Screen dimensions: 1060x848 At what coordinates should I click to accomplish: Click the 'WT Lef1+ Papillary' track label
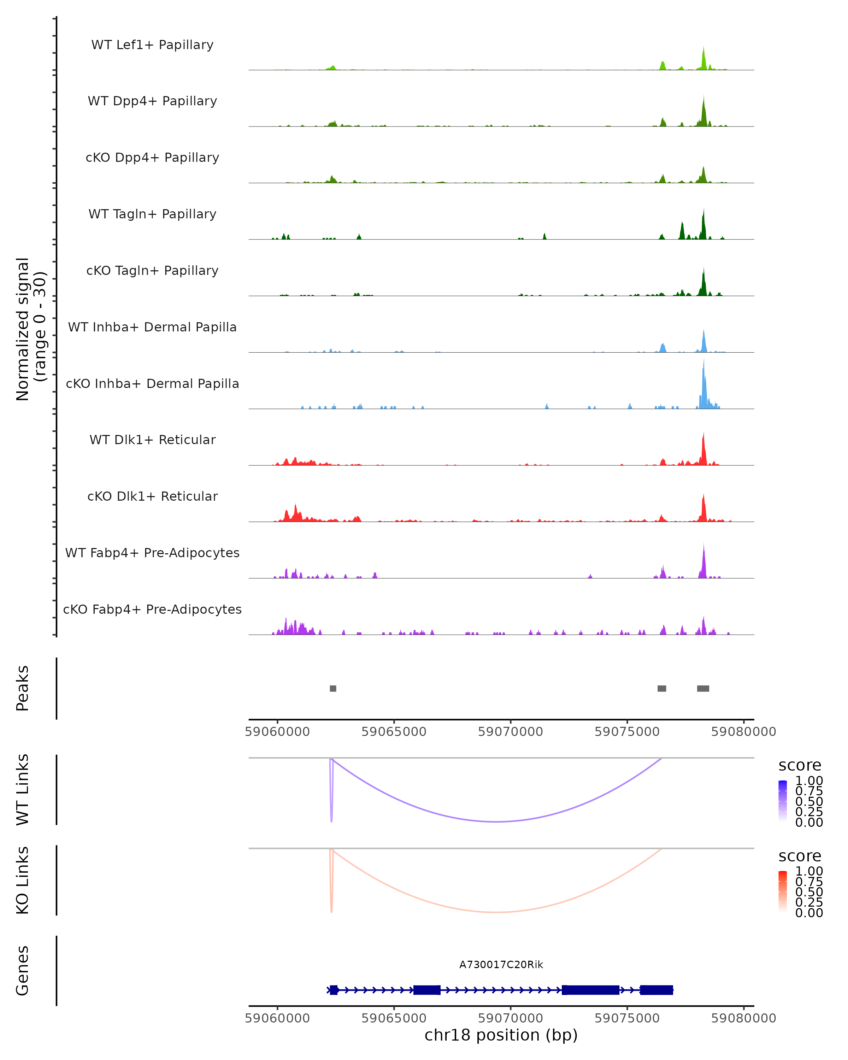point(152,45)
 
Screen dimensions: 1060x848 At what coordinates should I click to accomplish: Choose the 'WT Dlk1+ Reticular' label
point(152,440)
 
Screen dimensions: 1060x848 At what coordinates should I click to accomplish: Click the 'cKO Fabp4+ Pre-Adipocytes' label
point(152,609)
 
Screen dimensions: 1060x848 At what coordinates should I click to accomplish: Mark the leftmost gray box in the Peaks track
point(333,688)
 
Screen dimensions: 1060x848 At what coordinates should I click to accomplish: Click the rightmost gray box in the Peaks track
point(703,688)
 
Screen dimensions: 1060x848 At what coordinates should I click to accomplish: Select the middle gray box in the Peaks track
point(662,688)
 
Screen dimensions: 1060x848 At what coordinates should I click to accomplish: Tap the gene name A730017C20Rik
point(501,965)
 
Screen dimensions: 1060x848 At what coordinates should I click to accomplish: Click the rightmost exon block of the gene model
point(656,990)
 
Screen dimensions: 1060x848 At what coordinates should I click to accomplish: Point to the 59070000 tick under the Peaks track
point(510,732)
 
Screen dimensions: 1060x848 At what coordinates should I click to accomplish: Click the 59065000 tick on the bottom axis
point(394,1018)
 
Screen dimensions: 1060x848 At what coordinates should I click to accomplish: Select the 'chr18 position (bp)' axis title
point(501,1035)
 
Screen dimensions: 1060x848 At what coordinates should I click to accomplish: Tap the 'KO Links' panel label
point(23,880)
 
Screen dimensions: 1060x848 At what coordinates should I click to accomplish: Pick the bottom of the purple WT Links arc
point(496,821)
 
